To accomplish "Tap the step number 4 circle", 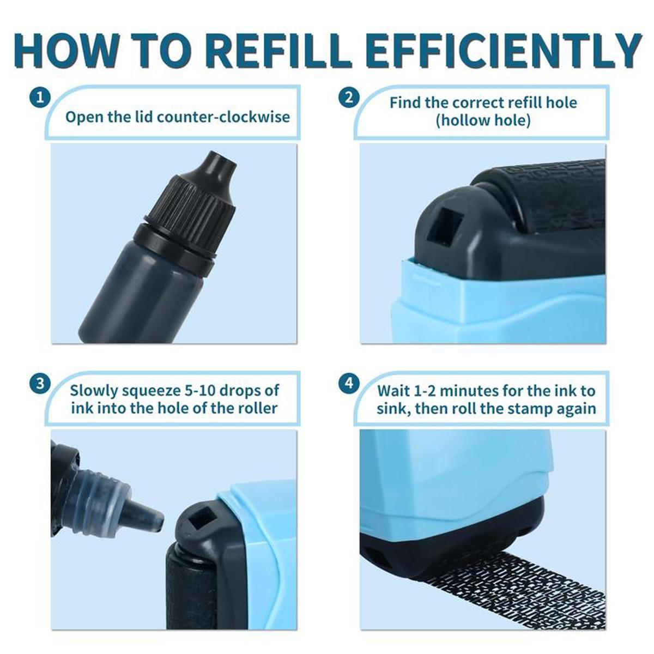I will tap(349, 383).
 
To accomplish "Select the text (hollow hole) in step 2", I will tap(483, 120).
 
